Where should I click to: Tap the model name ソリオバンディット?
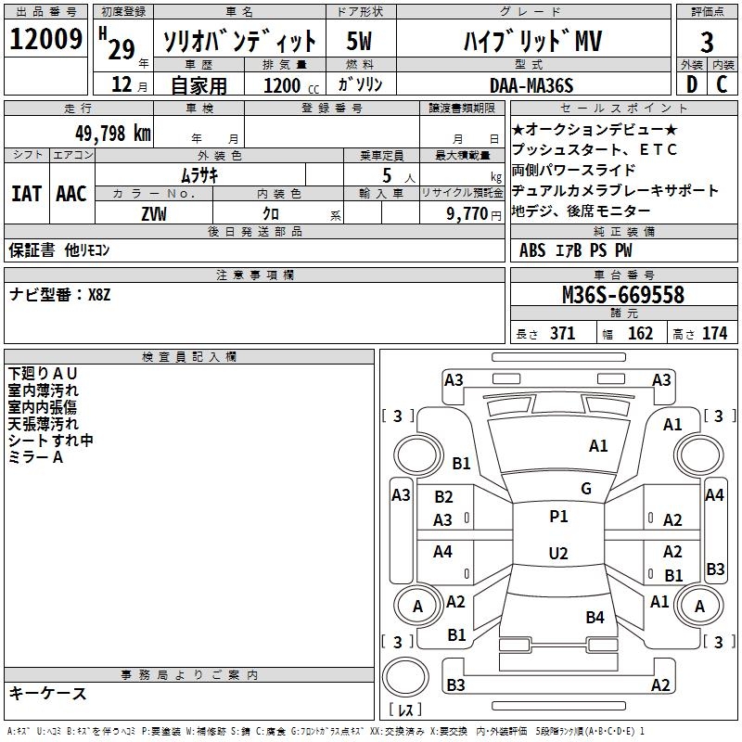point(239,42)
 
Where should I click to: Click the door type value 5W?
point(359,41)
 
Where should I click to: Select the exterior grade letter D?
point(691,85)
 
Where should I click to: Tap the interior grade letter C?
point(722,85)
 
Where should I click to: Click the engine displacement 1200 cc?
point(288,86)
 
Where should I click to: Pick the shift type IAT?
point(27,194)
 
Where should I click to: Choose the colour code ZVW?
point(154,214)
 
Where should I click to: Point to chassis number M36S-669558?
point(622,295)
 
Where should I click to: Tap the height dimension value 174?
point(714,333)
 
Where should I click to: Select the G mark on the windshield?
point(586,489)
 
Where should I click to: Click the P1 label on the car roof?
point(558,517)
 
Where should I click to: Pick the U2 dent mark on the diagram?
point(557,554)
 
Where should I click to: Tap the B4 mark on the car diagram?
point(595,617)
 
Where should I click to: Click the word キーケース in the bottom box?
point(48,694)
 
